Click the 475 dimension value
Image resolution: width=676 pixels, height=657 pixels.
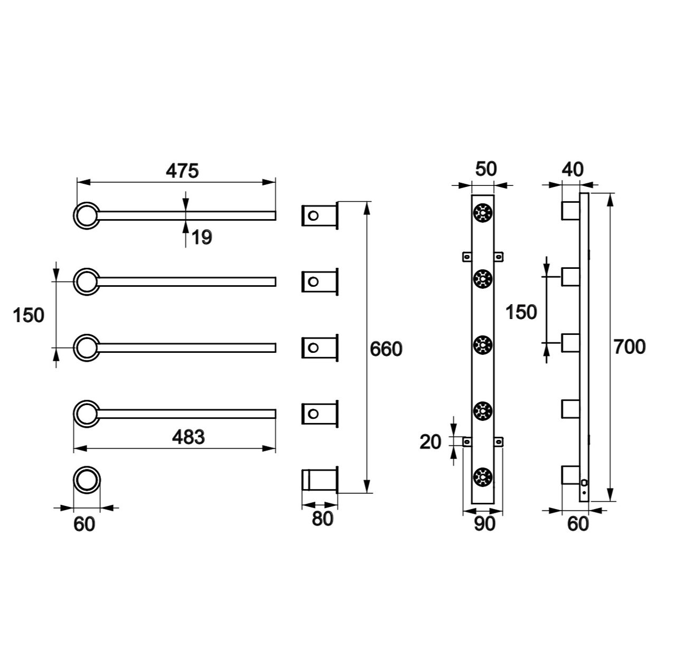click(x=182, y=171)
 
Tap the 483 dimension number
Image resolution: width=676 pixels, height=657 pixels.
click(x=189, y=437)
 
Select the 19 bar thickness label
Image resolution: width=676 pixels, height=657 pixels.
click(x=202, y=238)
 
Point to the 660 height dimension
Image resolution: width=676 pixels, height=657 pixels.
click(x=386, y=349)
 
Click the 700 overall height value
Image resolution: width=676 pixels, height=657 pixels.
click(x=629, y=347)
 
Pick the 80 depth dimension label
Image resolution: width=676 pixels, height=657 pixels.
click(x=322, y=519)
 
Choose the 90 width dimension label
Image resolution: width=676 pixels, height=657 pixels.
click(x=484, y=523)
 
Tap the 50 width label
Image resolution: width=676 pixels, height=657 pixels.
click(x=486, y=169)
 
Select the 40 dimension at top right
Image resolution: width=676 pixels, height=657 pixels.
click(x=573, y=170)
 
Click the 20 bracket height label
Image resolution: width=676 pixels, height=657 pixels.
click(x=430, y=442)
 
